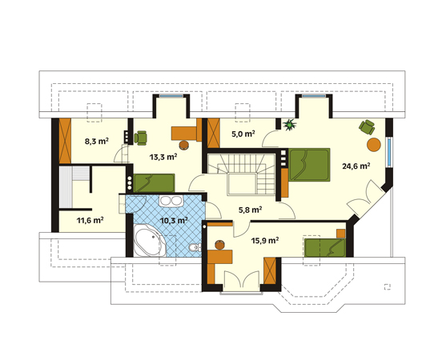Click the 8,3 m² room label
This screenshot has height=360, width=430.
click(97, 142)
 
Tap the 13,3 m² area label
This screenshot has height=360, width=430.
click(163, 157)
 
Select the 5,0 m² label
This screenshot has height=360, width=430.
click(243, 134)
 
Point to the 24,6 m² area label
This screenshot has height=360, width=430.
click(356, 166)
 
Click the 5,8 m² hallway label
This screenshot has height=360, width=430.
click(250, 210)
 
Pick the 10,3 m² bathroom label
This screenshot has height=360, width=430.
click(174, 220)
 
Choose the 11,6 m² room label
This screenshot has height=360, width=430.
click(90, 220)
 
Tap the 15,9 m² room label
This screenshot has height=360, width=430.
click(265, 241)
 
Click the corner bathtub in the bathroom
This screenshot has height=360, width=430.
click(148, 241)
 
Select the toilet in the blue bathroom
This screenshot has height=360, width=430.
click(195, 247)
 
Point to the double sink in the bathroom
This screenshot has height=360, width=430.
click(171, 201)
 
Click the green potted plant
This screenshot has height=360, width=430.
click(290, 125)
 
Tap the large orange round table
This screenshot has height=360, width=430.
click(374, 144)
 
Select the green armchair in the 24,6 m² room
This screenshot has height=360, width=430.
click(367, 127)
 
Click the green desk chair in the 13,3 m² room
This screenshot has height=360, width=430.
click(140, 138)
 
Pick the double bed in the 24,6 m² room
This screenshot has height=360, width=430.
click(309, 165)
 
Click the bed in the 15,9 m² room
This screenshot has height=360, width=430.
click(325, 248)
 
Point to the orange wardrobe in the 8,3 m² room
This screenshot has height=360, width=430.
click(65, 141)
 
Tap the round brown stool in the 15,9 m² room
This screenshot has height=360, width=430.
click(220, 245)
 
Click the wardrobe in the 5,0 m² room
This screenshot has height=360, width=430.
click(214, 133)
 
